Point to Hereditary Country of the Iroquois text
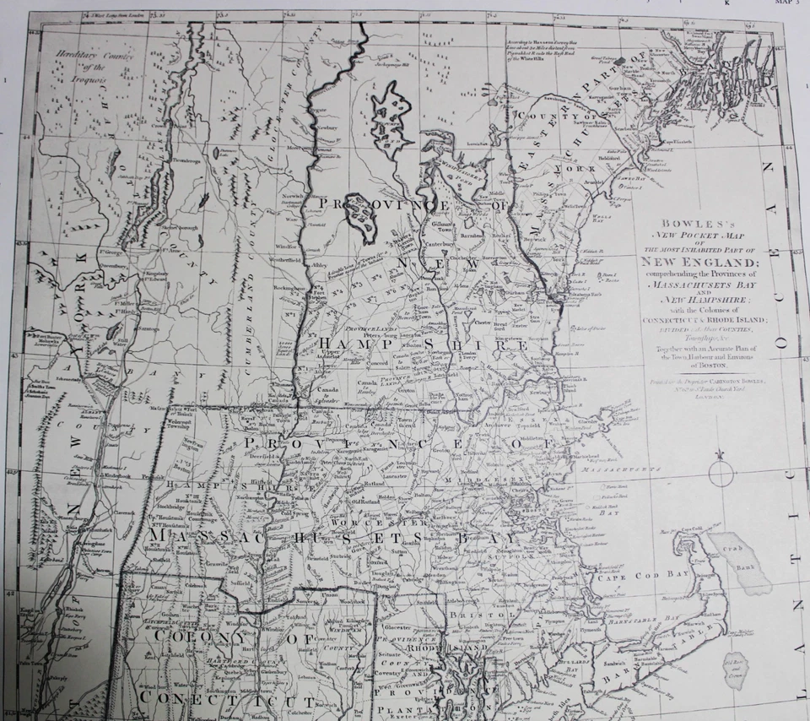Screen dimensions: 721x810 [81, 67]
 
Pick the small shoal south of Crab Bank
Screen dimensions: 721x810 [736, 668]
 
